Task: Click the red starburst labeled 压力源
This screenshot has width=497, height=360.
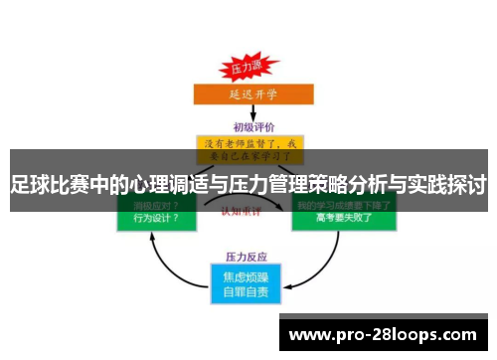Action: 247,69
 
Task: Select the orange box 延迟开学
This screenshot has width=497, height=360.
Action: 247,94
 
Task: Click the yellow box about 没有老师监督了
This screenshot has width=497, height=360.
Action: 248,148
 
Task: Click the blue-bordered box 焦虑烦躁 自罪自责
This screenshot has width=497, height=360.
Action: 248,282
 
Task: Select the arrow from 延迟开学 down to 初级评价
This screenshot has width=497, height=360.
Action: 248,112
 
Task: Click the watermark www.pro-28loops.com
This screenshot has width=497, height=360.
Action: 382,334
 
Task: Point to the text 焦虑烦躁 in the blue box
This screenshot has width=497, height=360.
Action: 248,275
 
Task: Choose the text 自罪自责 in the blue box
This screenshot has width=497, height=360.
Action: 248,291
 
